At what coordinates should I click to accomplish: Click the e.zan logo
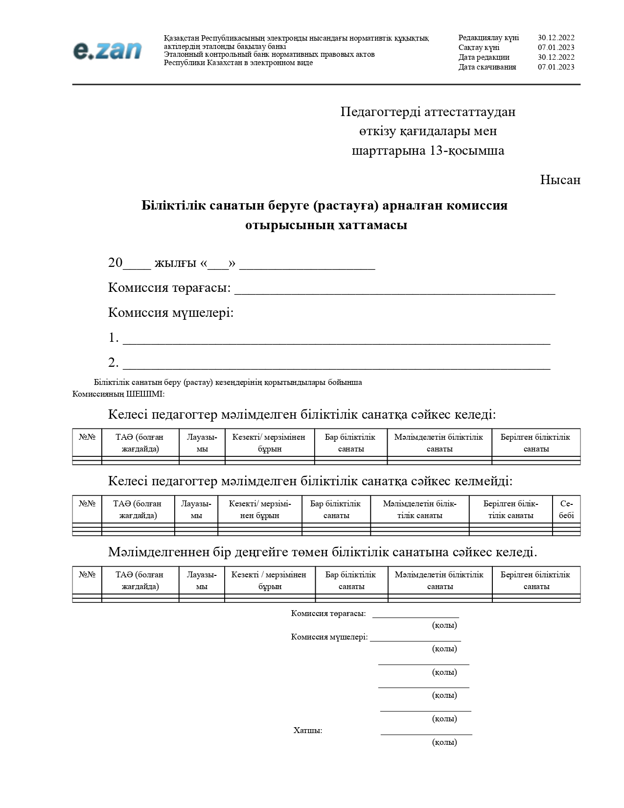point(108,50)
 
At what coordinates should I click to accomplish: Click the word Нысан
point(560,180)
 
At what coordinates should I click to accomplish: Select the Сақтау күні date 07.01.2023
point(556,48)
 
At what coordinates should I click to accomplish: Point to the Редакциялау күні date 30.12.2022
point(556,38)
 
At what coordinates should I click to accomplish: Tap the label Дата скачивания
point(487,67)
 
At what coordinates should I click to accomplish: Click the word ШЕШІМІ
point(145,394)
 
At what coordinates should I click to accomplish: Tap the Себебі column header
point(566,509)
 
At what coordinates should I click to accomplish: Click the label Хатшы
point(307,731)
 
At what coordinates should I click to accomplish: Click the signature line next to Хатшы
point(426,733)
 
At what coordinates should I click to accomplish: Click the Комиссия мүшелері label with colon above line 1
point(171,313)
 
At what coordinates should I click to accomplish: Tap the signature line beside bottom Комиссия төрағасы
point(416,616)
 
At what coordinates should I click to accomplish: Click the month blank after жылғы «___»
point(307,266)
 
